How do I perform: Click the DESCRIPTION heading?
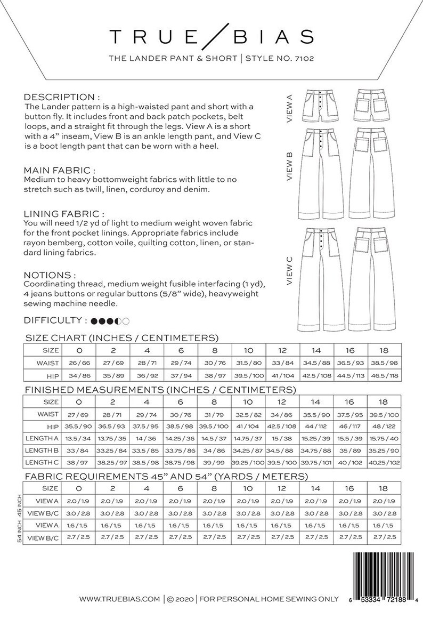coord(62,98)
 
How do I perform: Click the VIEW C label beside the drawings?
coord(290,270)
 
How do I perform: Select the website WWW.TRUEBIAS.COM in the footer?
coord(120,599)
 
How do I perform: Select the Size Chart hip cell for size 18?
coord(384,375)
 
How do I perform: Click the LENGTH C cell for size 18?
coord(384,463)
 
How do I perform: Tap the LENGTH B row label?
coord(43,451)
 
